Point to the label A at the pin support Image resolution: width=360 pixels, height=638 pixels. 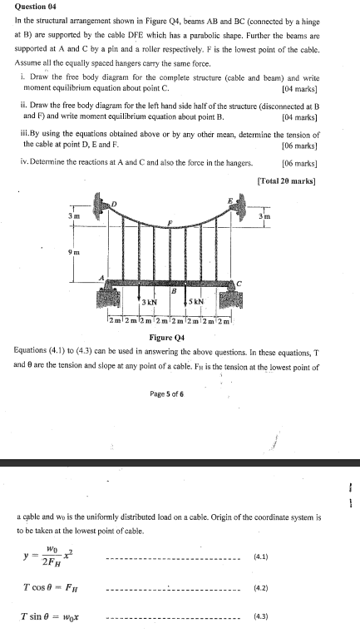pos(103,278)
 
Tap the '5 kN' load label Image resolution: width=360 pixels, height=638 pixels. pos(198,301)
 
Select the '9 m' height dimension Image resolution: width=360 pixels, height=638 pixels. pos(73,251)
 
